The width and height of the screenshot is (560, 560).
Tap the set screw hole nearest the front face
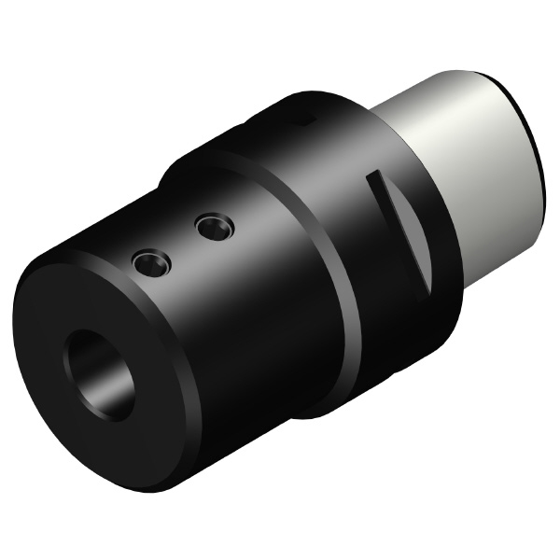(x=150, y=263)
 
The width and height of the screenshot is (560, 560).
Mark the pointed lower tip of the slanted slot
(x=427, y=286)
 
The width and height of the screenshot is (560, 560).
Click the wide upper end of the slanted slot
(x=375, y=176)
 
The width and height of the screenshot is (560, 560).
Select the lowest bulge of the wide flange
(x=327, y=411)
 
